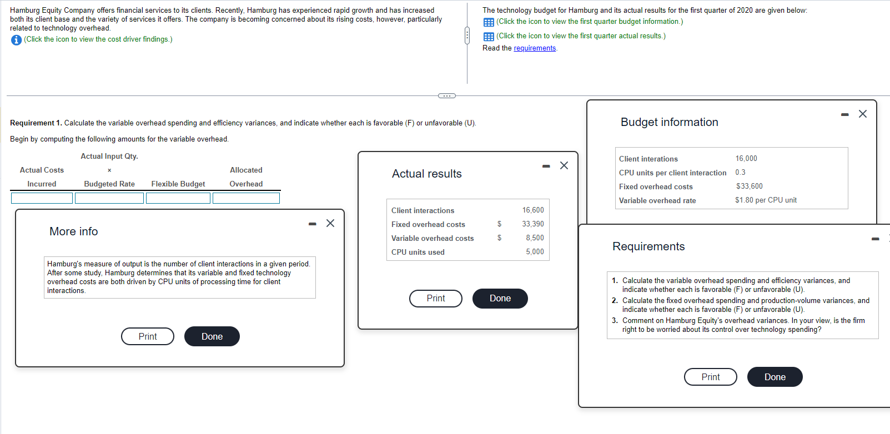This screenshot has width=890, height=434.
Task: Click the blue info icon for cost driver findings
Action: [x=16, y=40]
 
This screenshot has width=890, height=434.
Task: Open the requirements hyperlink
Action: [x=535, y=48]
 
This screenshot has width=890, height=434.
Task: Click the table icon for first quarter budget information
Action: [x=489, y=22]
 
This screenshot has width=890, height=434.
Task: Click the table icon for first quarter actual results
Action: [x=489, y=37]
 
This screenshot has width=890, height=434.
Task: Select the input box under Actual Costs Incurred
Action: [x=42, y=198]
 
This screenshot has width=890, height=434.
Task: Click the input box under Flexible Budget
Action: [x=178, y=198]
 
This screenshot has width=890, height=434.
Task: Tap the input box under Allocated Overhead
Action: [x=246, y=198]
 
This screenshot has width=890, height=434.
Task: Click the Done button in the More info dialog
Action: [x=212, y=336]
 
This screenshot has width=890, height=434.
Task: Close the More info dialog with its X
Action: [x=330, y=223]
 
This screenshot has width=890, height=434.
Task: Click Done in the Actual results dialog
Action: [x=500, y=298]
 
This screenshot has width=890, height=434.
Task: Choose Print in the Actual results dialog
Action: [x=435, y=298]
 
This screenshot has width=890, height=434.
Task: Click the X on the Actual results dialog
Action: [x=564, y=165]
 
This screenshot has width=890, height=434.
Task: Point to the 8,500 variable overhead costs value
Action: [x=535, y=238]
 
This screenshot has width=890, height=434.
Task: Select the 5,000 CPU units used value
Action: [x=535, y=252]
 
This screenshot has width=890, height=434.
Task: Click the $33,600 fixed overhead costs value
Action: [x=750, y=186]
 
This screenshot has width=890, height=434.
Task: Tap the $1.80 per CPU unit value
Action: [x=766, y=200]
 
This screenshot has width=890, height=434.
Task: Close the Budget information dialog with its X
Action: [x=863, y=114]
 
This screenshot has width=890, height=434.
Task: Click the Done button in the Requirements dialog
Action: [x=775, y=377]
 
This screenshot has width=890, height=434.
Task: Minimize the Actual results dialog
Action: [x=546, y=166]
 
